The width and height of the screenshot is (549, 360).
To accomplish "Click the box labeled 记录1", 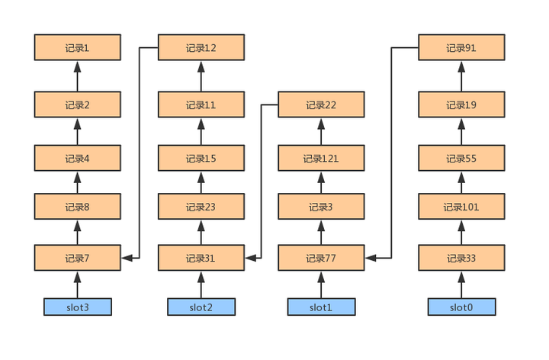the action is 77,47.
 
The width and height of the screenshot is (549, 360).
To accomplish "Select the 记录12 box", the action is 201,47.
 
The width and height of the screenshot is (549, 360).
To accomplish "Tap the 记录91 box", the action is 461,47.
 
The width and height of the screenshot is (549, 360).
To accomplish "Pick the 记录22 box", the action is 321,104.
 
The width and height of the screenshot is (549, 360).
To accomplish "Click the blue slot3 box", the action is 77,307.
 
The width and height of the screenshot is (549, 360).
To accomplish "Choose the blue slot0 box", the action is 461,307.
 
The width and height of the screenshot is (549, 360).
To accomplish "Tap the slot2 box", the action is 201,307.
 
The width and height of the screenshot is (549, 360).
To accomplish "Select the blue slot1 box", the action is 321,307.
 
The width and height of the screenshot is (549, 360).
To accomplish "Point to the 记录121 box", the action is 321,158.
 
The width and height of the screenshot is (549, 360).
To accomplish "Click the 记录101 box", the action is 461,206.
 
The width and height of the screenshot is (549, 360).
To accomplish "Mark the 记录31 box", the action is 201,258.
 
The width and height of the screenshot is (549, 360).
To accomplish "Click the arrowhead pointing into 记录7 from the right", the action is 127,258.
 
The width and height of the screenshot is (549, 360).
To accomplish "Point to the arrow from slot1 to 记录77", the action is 321,284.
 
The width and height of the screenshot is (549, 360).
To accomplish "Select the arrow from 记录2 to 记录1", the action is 77,76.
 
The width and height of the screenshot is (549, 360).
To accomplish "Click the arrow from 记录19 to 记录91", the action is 461,76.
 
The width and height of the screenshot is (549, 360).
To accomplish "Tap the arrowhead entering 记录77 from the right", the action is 371,258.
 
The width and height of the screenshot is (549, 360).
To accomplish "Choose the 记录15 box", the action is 201,158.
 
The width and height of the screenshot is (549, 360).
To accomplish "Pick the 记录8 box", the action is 77,206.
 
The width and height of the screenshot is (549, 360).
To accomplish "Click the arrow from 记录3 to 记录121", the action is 321,182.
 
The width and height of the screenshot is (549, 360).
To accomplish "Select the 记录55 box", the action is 461,158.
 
